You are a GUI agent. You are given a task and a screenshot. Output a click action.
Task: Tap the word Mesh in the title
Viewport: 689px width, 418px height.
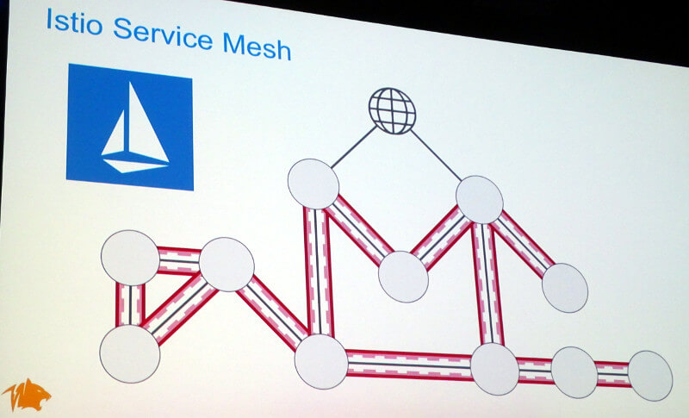pos(257,47)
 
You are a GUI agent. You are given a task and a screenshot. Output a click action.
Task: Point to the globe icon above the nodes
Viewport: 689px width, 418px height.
pos(392,111)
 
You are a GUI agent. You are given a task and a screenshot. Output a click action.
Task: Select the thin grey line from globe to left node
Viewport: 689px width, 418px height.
pos(353,147)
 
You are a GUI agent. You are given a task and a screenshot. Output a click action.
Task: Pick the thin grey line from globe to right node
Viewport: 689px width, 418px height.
pos(436,155)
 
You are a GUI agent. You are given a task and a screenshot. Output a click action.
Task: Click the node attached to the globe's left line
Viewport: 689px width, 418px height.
pos(313,184)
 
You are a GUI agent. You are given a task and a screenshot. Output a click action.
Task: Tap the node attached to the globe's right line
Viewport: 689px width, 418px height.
pos(480,200)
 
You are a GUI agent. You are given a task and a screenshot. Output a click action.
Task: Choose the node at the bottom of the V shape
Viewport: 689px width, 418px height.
pos(403,277)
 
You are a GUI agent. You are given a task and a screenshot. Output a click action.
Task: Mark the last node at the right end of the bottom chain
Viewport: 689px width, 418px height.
pos(650,376)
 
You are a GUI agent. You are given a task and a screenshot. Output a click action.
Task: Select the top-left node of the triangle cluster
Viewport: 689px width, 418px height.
pos(130,258)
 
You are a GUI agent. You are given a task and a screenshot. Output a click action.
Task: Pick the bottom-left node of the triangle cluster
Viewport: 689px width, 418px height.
pos(130,353)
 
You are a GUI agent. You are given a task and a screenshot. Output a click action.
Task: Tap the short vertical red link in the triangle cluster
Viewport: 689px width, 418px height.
pos(130,305)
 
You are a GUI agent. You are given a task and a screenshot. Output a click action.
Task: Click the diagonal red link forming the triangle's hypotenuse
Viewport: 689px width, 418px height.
pos(179,309)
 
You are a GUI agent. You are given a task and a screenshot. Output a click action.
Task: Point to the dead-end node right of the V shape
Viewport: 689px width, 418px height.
pos(565,288)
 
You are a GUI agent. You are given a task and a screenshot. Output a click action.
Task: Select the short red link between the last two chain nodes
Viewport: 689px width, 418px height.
pos(613,374)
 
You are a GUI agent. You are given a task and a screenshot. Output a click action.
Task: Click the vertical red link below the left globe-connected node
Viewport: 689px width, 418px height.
pos(319,271)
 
